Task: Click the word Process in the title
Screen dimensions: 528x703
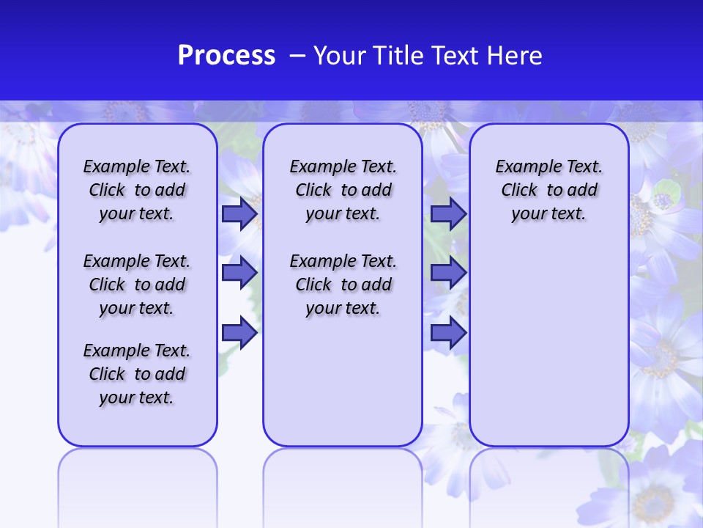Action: coord(226,56)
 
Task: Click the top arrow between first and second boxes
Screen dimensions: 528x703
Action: coord(239,214)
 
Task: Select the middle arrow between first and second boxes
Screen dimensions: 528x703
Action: coord(239,273)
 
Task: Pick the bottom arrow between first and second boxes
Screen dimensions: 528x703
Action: coord(239,334)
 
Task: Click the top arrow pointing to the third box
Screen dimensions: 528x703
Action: coord(447,214)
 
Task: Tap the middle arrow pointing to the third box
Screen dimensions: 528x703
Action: coord(447,273)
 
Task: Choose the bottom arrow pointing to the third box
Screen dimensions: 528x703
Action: coord(447,334)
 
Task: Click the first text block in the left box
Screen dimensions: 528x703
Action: coord(137,190)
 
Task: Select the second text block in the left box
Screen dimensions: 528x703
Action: coord(137,285)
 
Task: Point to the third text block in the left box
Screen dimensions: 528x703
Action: coord(137,374)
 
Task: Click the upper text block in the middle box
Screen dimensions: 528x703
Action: coord(343,190)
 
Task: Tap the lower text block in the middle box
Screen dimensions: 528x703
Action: coord(343,285)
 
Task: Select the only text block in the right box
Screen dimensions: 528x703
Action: coord(548,190)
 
